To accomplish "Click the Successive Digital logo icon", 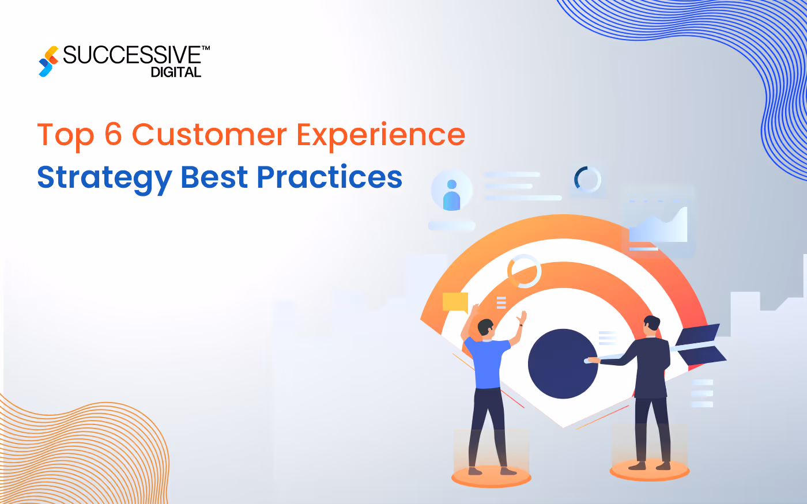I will [x=48, y=61].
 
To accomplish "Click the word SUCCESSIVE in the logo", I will [x=132, y=55].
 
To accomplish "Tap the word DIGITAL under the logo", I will [x=176, y=73].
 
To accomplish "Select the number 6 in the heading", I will [x=113, y=135].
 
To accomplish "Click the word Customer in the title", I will [x=209, y=135].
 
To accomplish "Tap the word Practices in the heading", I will [x=329, y=177].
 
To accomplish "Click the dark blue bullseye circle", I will [x=563, y=364].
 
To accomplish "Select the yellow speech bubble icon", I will [x=455, y=302].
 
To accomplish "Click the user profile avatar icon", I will [x=451, y=194].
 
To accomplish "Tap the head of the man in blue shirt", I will [x=486, y=328].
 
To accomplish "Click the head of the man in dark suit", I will [x=651, y=324].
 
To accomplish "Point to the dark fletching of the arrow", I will [x=701, y=345].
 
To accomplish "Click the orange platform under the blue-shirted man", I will [x=491, y=476].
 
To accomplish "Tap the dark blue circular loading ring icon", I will [x=587, y=180].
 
